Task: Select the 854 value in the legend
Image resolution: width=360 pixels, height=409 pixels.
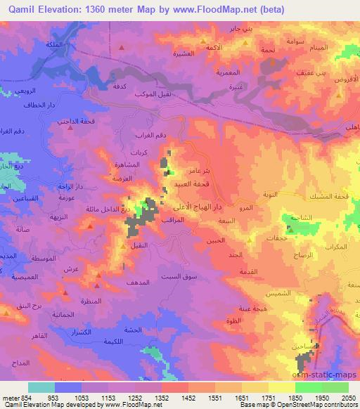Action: pyautogui.click(x=27, y=398)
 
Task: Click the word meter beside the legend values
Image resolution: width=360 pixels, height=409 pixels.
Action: pyautogui.click(x=10, y=398)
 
